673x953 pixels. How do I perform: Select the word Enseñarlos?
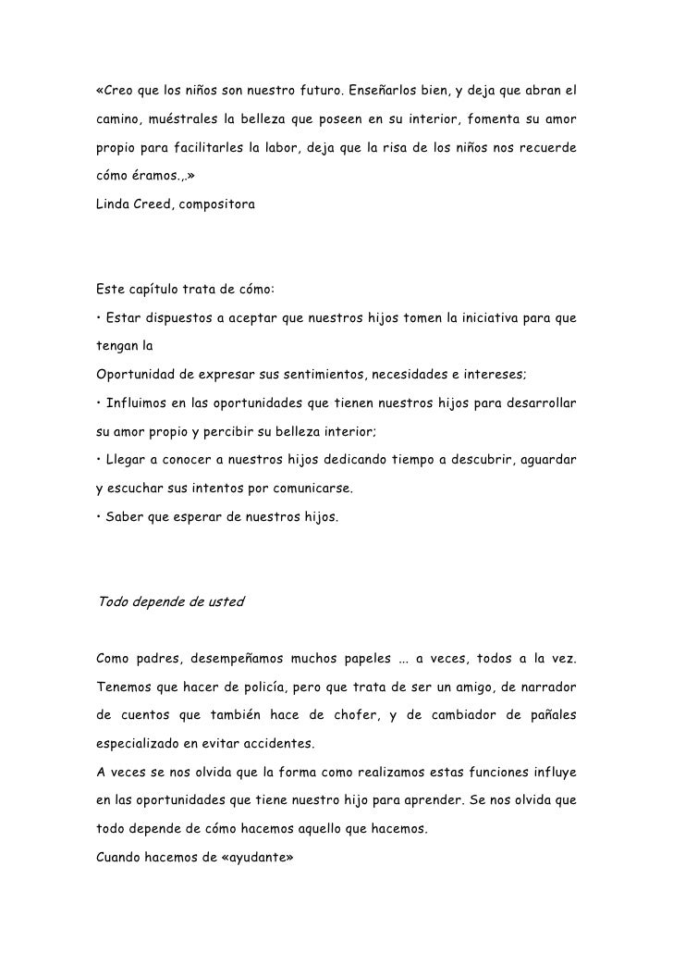click(386, 93)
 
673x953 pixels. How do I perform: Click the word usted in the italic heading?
click(224, 601)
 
